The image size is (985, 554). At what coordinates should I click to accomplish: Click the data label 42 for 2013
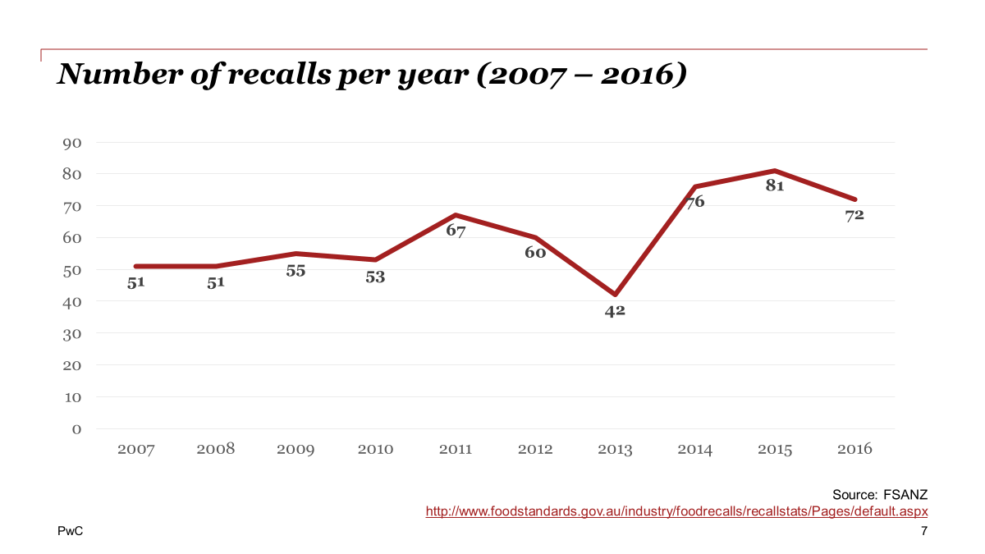(615, 311)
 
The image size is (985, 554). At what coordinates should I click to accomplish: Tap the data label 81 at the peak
(775, 185)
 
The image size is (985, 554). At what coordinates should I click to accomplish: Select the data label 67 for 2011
(456, 231)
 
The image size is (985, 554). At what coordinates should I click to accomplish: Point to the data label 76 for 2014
(695, 201)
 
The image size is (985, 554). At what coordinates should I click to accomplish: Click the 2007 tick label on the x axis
(136, 449)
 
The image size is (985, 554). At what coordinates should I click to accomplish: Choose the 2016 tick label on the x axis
(854, 449)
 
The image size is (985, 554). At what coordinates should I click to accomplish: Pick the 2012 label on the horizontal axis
(535, 449)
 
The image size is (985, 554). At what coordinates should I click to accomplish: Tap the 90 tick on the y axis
(71, 143)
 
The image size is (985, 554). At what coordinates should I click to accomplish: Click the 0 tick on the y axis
(76, 428)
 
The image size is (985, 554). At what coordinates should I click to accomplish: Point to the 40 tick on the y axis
(71, 302)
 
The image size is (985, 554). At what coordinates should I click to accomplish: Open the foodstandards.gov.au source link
(676, 511)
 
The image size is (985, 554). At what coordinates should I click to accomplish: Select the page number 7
(923, 532)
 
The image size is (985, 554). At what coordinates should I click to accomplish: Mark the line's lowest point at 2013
(615, 294)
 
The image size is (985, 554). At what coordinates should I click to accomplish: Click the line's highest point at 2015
(775, 171)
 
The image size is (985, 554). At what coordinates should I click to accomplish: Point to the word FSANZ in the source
(905, 494)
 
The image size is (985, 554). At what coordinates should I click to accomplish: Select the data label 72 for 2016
(854, 215)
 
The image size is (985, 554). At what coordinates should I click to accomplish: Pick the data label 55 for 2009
(295, 271)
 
